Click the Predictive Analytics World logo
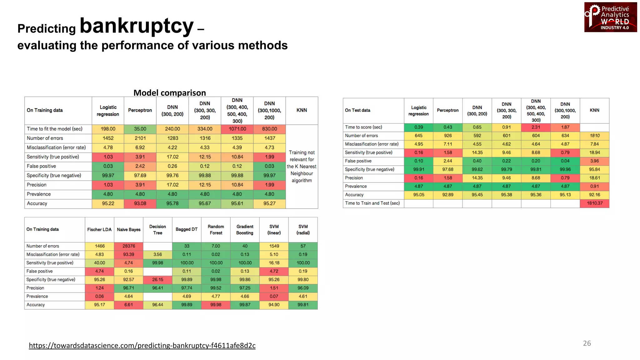(x=610, y=17)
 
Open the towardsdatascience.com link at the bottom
(x=142, y=345)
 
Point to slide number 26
(x=587, y=343)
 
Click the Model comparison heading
(x=169, y=93)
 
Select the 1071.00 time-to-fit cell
(x=237, y=129)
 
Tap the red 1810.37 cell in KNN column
(x=594, y=203)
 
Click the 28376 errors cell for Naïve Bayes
(x=128, y=246)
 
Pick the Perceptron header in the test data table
(x=447, y=110)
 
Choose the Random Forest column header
(x=216, y=229)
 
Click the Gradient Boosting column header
(x=245, y=229)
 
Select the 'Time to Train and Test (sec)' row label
(x=372, y=203)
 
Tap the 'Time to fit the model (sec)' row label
(x=55, y=129)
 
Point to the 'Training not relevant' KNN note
(x=302, y=166)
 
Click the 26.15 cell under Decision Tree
(x=157, y=279)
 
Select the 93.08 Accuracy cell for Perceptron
(x=140, y=203)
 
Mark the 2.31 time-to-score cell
(x=536, y=127)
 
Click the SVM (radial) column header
(x=303, y=229)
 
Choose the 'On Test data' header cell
(x=357, y=110)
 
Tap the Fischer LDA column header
(x=99, y=229)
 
